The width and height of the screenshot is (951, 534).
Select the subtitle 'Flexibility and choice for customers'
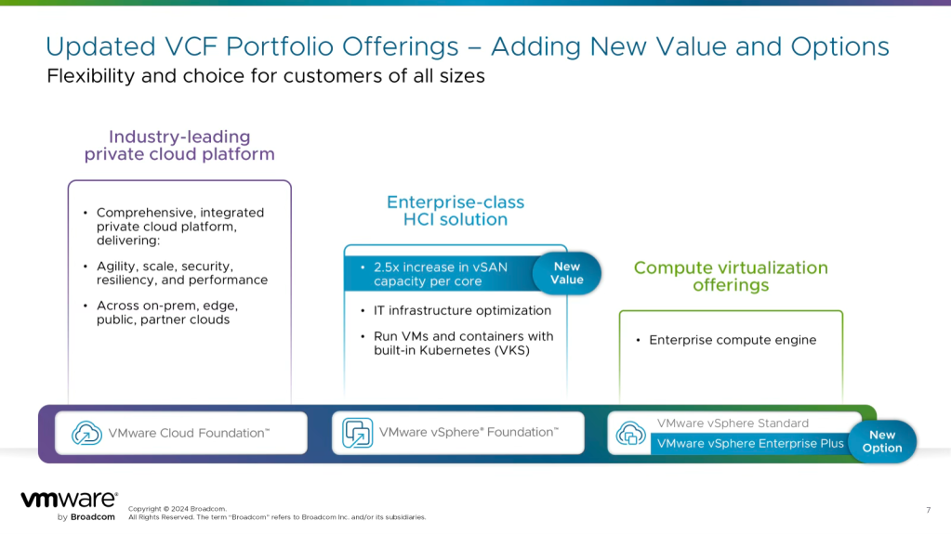point(266,76)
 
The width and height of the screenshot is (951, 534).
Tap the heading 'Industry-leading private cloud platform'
point(179,146)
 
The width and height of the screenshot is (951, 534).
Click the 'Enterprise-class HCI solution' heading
point(456,211)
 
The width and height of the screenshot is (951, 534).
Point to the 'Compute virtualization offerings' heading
point(731,276)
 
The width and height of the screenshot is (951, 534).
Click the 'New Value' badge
point(566,273)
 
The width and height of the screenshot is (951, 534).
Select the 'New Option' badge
point(881,441)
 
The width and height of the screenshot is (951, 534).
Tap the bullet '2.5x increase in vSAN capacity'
point(441,274)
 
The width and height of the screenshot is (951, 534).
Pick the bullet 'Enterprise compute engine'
point(733,340)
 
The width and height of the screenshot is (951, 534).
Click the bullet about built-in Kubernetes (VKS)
point(463,343)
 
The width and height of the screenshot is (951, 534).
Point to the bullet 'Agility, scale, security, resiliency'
point(181,273)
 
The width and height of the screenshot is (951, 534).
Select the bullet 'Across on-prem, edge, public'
point(168,312)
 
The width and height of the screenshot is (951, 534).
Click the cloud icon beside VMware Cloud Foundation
point(86,433)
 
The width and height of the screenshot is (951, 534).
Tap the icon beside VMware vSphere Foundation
point(357,433)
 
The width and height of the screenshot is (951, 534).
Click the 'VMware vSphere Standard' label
point(733,423)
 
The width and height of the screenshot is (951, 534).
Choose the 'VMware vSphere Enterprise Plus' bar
point(750,444)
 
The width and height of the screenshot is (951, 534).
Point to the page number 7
point(928,509)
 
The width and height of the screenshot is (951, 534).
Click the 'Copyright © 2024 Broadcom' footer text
point(177,509)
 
